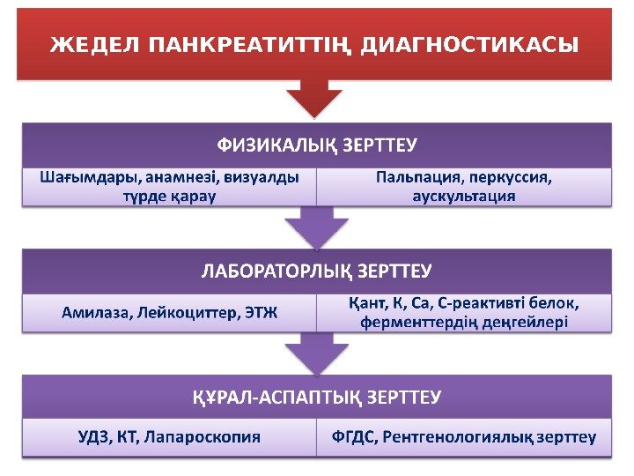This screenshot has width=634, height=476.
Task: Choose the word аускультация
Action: click(x=464, y=196)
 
